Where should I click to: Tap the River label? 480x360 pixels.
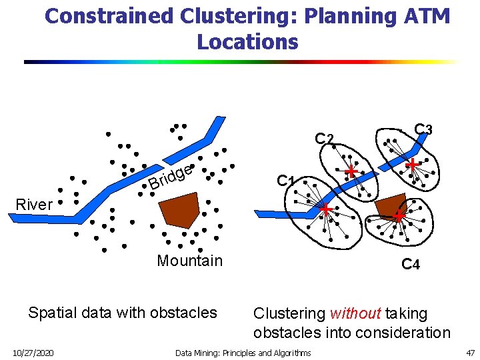point(33,205)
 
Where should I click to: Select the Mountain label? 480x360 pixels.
point(189,261)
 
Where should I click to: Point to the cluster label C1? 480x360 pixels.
point(286,181)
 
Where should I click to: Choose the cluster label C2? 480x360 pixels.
point(324,139)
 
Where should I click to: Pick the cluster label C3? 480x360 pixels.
point(423,129)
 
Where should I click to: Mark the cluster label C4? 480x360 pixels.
point(411,265)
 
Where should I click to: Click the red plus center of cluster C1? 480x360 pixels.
point(326,210)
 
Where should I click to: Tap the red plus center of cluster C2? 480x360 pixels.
point(351,172)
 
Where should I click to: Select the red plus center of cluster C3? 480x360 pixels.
point(413,164)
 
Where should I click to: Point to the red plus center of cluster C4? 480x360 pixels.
point(399,216)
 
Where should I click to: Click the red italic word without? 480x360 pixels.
point(355,313)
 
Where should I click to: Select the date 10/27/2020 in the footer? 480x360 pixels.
point(34,353)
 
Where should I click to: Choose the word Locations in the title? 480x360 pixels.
point(247,42)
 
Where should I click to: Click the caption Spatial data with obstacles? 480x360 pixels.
point(123,312)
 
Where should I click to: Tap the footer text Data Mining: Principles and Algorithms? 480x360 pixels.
point(243,353)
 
